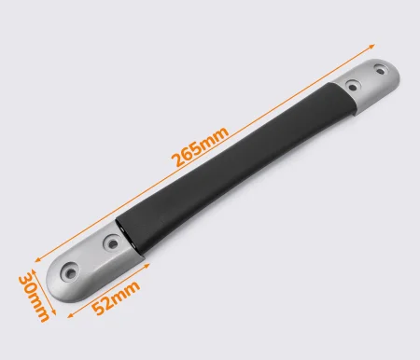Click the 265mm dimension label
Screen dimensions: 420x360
coord(201,146)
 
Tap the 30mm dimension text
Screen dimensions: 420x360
coord(34,297)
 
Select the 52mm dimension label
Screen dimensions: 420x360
coord(116,298)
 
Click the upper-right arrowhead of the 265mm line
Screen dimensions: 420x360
coord(371,47)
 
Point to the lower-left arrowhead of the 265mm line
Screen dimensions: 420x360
coord(38,260)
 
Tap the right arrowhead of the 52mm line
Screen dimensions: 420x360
coord(147,265)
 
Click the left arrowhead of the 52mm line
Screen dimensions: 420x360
coord(70,315)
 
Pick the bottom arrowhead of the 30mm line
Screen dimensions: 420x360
coord(54,312)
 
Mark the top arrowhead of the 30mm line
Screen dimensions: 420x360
coord(34,272)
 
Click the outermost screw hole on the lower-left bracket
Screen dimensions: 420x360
coord(71,273)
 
